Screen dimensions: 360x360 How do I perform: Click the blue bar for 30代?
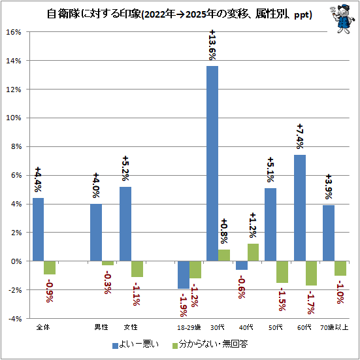212,163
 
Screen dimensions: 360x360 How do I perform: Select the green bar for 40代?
253,252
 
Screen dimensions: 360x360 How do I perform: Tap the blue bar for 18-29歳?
184,275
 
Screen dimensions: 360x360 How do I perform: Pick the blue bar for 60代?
300,208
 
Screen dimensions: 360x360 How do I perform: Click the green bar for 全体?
50,267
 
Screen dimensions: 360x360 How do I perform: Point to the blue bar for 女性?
125,224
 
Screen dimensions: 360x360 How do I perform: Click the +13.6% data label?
212,45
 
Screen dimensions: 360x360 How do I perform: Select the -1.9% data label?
184,304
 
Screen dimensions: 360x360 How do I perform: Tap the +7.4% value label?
300,137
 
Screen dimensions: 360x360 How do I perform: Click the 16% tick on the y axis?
13,32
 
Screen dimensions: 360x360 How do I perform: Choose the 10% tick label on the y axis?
13,118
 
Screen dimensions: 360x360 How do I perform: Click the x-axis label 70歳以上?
335,327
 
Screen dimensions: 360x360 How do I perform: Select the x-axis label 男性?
101,327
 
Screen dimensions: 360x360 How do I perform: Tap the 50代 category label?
276,327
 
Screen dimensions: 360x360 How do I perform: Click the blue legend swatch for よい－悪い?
115,346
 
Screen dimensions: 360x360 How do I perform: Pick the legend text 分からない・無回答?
213,344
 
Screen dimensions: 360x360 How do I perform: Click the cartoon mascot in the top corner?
341,19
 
